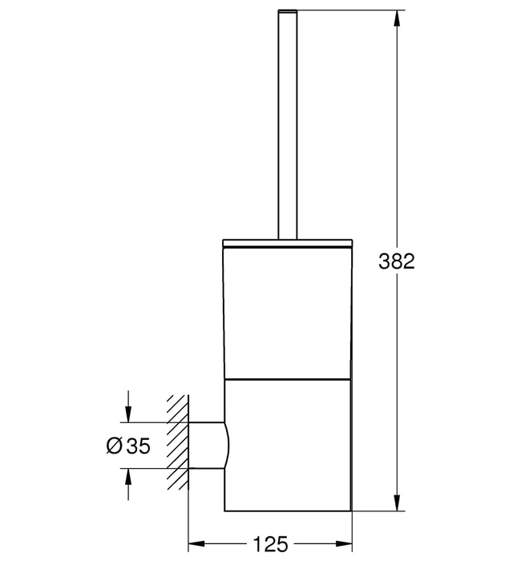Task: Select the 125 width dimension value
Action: [270, 544]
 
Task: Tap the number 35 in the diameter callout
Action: [138, 446]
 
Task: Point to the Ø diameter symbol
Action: [114, 446]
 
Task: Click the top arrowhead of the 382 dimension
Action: [396, 17]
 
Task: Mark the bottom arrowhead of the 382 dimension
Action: [396, 505]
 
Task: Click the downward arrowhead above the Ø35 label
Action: [127, 416]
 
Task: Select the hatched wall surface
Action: [176, 446]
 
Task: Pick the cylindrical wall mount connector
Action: [207, 446]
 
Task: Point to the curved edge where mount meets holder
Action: [228, 446]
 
